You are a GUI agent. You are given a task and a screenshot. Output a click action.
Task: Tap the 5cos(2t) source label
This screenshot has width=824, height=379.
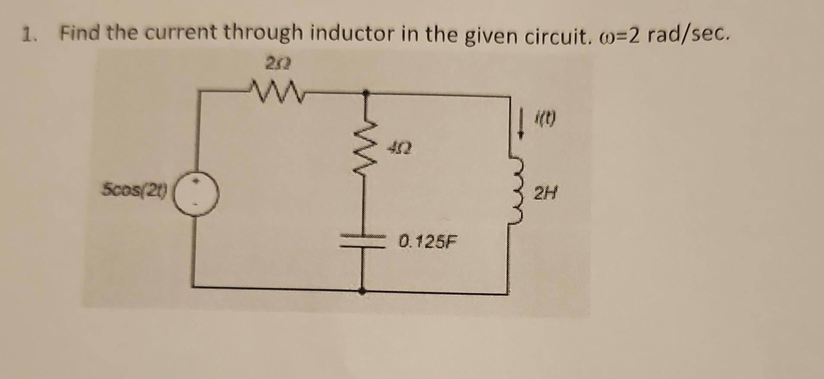click(136, 189)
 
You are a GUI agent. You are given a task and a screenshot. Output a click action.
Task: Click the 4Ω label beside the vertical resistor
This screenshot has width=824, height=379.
click(400, 150)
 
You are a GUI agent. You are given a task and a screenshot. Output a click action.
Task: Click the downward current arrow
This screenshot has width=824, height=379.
click(522, 124)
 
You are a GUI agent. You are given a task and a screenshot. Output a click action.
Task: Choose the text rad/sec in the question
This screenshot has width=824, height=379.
click(688, 35)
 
